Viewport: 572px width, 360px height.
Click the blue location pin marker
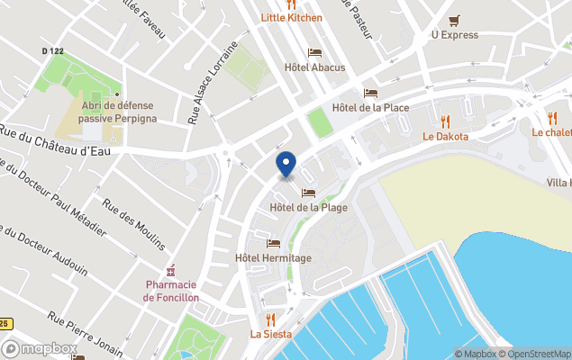point(286,165)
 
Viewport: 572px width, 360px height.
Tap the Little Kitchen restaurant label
point(291,17)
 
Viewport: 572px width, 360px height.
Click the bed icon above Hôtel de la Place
point(370,93)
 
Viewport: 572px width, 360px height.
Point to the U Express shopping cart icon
point(454,20)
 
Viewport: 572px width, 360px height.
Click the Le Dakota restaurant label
point(445,137)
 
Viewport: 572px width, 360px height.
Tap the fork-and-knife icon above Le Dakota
point(445,121)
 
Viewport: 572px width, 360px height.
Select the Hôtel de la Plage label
point(308,208)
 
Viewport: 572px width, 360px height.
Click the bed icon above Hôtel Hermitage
point(273,243)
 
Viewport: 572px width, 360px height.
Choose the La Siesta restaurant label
point(269,334)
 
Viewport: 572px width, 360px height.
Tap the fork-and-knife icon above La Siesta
point(269,319)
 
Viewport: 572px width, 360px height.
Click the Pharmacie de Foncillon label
point(170,292)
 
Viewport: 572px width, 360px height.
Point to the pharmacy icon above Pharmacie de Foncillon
point(170,271)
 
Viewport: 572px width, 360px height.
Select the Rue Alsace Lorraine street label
point(213,82)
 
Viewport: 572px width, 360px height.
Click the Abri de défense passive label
point(117,112)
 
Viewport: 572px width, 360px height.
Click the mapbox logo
point(40,348)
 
